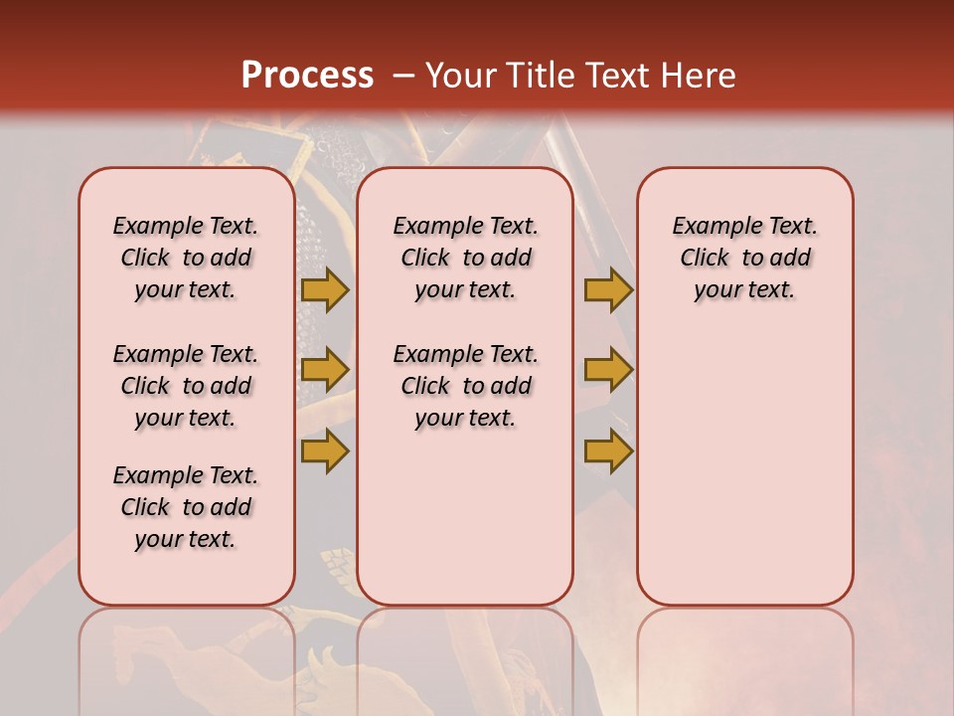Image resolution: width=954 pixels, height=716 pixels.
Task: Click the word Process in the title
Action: click(307, 75)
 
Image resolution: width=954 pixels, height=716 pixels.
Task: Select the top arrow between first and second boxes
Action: click(325, 289)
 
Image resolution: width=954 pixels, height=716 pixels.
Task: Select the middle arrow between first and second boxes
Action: click(325, 370)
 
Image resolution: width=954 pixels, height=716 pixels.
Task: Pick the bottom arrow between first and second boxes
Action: click(325, 450)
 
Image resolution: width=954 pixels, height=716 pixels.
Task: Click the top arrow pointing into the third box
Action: click(608, 289)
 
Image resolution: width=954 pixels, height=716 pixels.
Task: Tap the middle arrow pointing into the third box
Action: click(608, 370)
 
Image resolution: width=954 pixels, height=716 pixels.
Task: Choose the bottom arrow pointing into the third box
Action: click(608, 450)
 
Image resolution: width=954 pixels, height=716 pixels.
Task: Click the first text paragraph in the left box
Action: click(186, 258)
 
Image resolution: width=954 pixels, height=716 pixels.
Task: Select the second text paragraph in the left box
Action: click(186, 386)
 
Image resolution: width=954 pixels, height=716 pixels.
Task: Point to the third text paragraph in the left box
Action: click(186, 507)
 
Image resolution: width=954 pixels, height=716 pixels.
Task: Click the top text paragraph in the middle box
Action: click(465, 258)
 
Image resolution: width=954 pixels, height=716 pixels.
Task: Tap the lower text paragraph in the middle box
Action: click(465, 386)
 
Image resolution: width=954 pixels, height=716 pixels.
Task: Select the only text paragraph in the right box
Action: click(744, 258)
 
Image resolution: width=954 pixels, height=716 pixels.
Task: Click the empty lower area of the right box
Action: click(744, 467)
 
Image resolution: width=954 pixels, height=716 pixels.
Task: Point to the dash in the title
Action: click(403, 76)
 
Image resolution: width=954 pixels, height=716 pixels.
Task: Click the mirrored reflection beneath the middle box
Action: click(465, 656)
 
